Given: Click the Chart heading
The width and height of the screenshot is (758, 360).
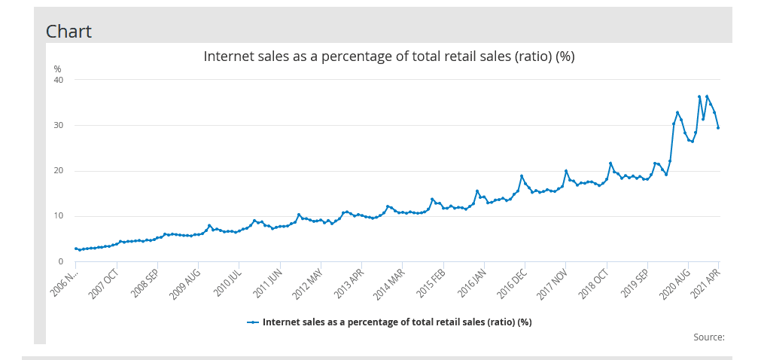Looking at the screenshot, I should point(68,31).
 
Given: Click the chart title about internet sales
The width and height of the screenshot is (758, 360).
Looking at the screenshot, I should point(389,56).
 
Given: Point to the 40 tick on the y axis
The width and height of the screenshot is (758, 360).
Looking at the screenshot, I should point(58,80).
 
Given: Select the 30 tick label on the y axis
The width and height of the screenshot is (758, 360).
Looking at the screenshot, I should point(58,125).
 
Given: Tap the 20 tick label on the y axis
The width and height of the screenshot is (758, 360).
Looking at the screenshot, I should point(58,171).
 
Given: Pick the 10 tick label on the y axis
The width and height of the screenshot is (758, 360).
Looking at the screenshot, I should point(58,216).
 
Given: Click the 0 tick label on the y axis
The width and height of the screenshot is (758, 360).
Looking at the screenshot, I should point(60,261).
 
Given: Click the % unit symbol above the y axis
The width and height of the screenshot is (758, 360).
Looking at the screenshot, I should point(57,69).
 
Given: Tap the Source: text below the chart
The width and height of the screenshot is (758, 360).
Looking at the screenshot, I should point(708,337).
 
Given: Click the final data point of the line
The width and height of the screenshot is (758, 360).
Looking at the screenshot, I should point(718,128).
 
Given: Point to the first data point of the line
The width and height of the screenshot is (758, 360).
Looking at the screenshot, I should point(76,249).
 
